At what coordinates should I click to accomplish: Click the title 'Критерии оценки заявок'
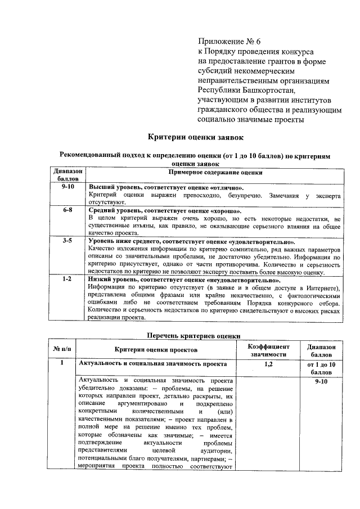coord(196,136)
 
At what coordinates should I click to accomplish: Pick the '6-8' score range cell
coord(67,209)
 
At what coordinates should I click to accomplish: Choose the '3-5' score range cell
coord(67,241)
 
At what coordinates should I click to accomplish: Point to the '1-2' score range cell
coord(67,279)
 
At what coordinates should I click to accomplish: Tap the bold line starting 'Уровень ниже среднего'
coord(191,241)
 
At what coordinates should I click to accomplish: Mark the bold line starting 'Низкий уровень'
coord(184,279)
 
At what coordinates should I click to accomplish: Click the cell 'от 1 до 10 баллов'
coord(322,368)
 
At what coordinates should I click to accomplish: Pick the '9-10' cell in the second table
coord(322,381)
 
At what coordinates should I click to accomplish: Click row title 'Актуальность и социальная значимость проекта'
coord(148,364)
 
